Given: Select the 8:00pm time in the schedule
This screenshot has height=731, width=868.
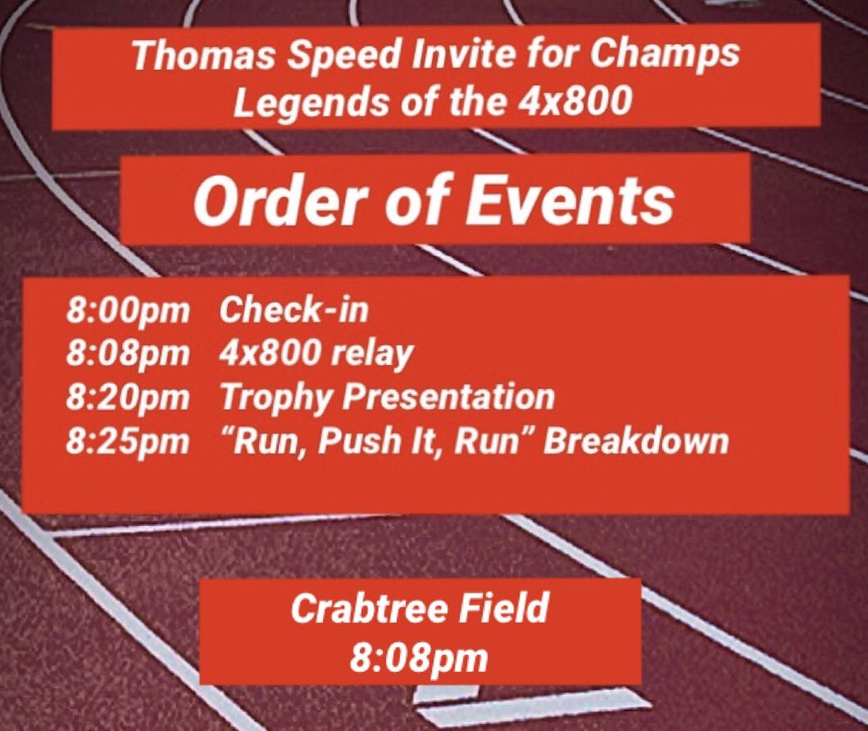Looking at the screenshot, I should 128,312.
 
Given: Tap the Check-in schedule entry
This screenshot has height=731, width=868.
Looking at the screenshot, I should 294,312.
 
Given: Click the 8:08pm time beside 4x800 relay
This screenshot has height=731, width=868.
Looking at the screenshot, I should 128,354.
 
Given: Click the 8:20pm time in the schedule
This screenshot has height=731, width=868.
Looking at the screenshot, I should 128,398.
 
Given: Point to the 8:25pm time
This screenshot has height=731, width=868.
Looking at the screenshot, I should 128,441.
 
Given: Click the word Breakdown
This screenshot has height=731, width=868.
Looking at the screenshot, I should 637,441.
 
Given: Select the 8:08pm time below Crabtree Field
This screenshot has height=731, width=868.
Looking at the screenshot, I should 419,657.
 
